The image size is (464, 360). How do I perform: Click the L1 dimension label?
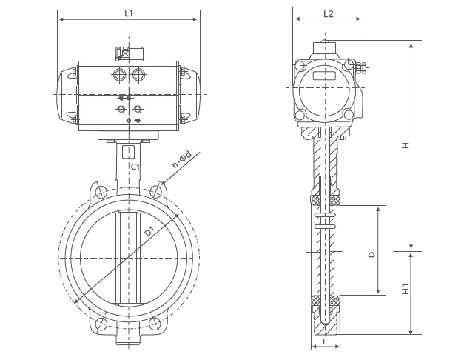pyautogui.click(x=129, y=13)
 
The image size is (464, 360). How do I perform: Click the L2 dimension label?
pyautogui.click(x=329, y=13)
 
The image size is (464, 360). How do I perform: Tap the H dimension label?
pyautogui.click(x=406, y=145)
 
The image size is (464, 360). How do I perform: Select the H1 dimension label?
pyautogui.click(x=406, y=289)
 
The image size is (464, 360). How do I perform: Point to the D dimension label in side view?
pyautogui.click(x=372, y=254)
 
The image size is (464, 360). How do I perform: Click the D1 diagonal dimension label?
pyautogui.click(x=150, y=231)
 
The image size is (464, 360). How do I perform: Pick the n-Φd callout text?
pyautogui.click(x=182, y=160)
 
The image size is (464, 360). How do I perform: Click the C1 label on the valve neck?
pyautogui.click(x=135, y=167)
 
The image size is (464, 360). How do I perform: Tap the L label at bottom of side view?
pyautogui.click(x=325, y=341)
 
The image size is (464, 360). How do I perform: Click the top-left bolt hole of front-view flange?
pyautogui.click(x=101, y=192)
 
